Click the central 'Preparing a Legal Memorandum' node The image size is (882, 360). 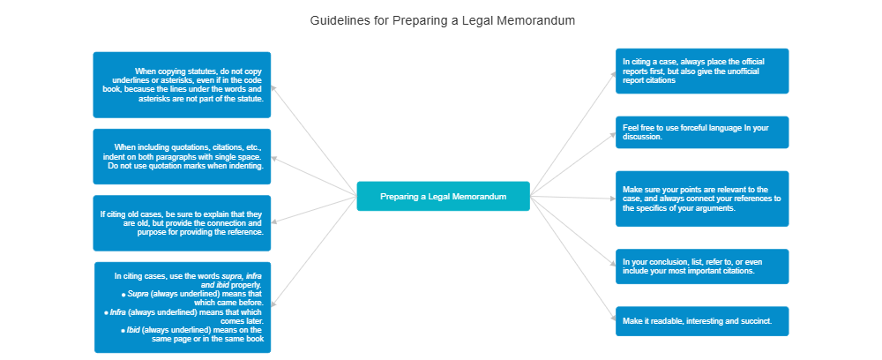[443, 197]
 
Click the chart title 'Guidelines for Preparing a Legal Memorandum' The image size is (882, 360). [443, 19]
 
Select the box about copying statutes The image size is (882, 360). [182, 85]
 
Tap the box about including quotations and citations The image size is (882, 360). [182, 156]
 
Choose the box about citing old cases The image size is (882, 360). [182, 223]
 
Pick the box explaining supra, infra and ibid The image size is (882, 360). [183, 307]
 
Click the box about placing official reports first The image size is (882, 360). [701, 71]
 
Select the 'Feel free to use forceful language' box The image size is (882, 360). [701, 132]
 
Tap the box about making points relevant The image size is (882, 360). [701, 199]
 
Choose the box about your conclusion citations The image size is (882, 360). [701, 266]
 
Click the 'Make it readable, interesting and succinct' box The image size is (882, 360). [701, 321]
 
